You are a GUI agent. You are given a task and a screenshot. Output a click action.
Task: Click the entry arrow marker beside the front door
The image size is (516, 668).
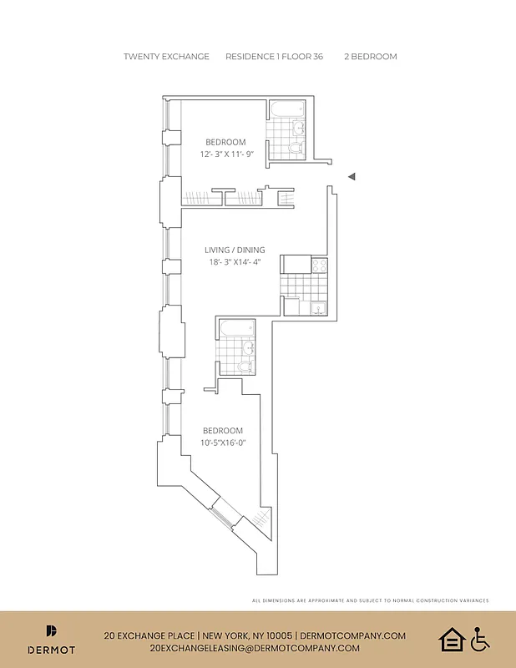[352, 176]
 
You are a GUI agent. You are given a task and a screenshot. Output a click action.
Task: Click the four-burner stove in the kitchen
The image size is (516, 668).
[319, 265]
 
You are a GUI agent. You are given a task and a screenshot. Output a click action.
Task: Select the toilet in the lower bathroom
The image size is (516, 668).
[245, 366]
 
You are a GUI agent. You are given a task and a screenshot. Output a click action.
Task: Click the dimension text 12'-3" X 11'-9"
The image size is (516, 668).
[225, 154]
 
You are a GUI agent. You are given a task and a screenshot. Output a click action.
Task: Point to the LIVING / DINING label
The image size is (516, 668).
[235, 250]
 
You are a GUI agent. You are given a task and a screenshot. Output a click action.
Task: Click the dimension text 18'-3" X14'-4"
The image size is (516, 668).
[235, 262]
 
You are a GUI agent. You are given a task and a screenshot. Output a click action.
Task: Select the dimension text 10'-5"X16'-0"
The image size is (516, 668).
[223, 443]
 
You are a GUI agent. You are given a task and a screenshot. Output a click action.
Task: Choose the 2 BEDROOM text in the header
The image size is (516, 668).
[371, 57]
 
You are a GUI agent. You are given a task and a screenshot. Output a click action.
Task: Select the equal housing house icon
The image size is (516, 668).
[452, 640]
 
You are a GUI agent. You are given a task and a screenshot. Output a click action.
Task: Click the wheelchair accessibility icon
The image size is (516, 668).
[480, 640]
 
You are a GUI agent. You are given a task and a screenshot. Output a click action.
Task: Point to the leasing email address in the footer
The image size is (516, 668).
[255, 648]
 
